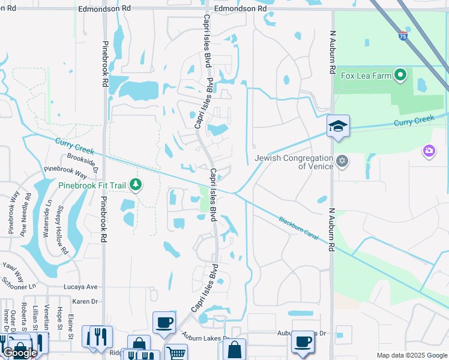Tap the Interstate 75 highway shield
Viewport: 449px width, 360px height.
(x=401, y=36)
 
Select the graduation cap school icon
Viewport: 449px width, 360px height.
(x=338, y=126)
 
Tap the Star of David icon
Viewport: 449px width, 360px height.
(x=342, y=160)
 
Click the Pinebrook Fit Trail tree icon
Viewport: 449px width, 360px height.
(x=135, y=184)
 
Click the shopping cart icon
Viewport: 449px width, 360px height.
(x=175, y=352)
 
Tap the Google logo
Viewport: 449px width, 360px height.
(x=20, y=353)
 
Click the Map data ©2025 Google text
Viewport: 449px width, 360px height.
(x=411, y=355)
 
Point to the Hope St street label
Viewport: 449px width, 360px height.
(x=59, y=319)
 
